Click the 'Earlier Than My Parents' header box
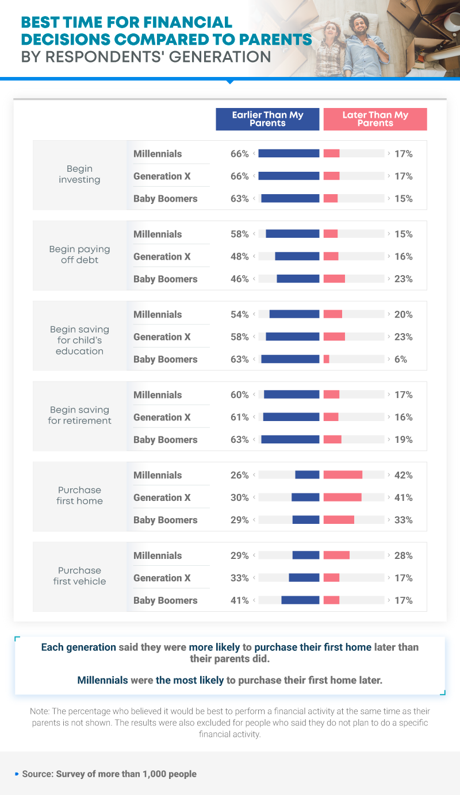[267, 119]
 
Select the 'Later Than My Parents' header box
[375, 119]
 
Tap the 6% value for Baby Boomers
[400, 359]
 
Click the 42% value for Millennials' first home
[403, 475]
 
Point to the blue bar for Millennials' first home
[307, 475]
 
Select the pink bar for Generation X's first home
[343, 497]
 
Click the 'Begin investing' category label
[79, 174]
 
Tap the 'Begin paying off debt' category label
[79, 254]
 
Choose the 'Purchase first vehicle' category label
[79, 576]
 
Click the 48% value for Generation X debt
[239, 257]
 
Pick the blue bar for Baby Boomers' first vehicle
[300, 600]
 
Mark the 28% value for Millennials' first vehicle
[403, 555]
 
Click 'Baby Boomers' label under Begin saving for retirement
[165, 440]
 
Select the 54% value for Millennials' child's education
[239, 314]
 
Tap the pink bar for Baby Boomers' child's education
[327, 359]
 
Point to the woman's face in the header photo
[331, 29]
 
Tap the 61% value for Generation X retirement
[239, 417]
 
